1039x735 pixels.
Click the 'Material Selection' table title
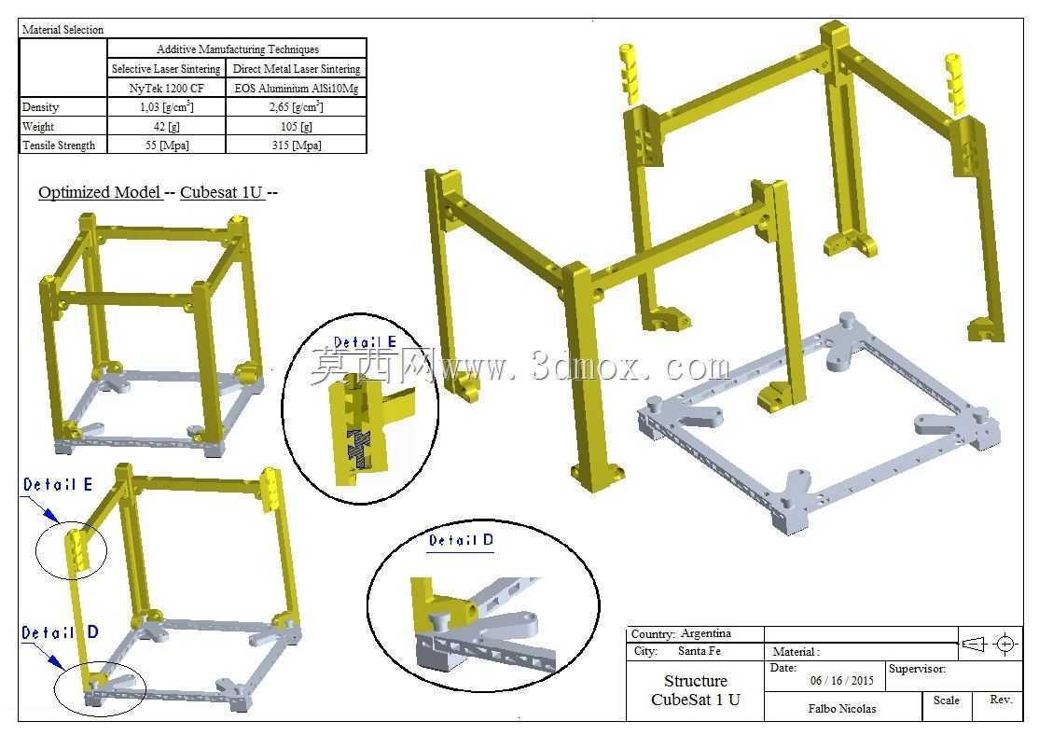62,29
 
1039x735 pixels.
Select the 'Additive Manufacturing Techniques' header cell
237,49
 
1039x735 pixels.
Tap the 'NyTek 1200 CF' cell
166,88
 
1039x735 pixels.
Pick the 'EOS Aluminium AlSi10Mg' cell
297,88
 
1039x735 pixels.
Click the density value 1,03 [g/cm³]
166,106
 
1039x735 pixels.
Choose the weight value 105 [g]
297,126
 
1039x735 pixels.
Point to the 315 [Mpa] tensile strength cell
297,146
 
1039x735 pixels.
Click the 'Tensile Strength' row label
59,146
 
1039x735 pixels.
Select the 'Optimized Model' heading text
100,192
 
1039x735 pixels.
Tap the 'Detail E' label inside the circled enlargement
365,342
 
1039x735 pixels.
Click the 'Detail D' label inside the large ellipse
461,540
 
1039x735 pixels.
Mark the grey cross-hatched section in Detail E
358,448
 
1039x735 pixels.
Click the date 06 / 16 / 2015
841,680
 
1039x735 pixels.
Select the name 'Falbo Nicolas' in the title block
841,709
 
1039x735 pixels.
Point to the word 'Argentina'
706,633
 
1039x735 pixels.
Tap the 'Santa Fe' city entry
700,651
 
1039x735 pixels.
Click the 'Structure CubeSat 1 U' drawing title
696,690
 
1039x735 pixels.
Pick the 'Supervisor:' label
917,669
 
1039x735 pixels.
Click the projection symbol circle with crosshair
1005,644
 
